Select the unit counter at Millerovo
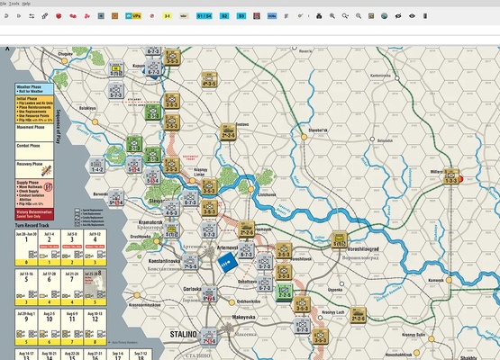point(453,176)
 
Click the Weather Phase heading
point(32,86)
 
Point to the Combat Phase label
point(31,145)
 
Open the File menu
point(4,4)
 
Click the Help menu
point(26,4)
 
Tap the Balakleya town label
point(87,107)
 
